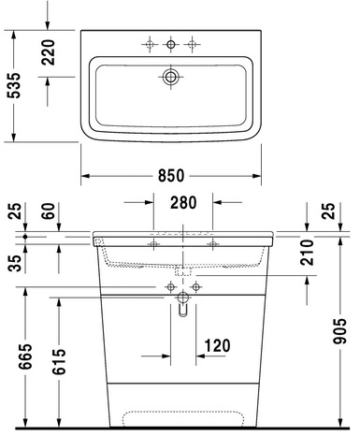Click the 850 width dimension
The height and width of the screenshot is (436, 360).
[171, 176]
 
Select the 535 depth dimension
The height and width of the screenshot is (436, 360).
[14, 85]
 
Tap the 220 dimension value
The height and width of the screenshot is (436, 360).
[48, 52]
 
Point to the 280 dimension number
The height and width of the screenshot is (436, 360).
[183, 202]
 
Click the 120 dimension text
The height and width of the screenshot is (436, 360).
[217, 345]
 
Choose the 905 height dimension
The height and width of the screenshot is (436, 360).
[339, 331]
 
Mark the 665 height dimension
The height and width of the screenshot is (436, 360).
[25, 356]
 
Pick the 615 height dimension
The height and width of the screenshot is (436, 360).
[59, 361]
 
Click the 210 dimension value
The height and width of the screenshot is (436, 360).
[307, 253]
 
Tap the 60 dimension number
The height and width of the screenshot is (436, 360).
[49, 211]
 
